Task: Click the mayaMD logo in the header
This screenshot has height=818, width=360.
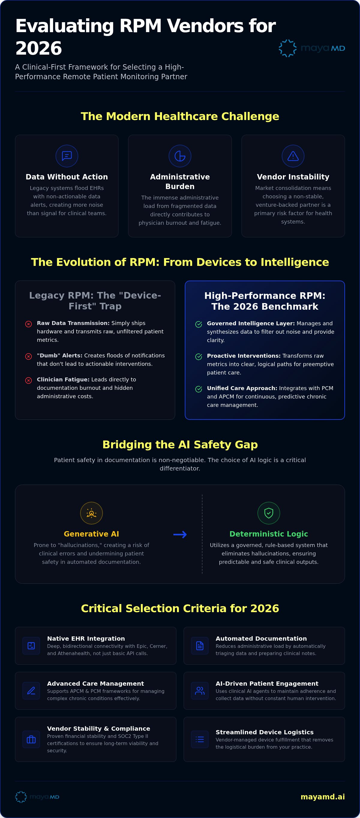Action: coord(312,48)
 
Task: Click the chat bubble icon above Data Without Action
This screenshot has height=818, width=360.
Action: coord(67,156)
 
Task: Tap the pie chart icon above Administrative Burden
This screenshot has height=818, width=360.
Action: coord(180,156)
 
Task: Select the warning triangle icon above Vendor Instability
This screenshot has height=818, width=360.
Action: coord(293,156)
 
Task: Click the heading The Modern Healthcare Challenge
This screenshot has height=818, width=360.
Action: coord(180,116)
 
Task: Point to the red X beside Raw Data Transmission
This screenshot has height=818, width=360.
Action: coord(28,324)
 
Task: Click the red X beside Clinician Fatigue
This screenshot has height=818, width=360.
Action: coord(28,380)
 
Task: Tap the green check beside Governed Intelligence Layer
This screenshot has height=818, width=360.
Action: coord(199,324)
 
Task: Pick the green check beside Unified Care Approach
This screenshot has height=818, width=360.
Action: coord(199,389)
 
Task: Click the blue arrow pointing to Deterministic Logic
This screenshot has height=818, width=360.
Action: coord(180,535)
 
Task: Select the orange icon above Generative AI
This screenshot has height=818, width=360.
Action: coord(91,513)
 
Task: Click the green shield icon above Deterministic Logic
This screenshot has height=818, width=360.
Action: coord(268,513)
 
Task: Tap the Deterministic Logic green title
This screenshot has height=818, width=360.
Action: coord(268,534)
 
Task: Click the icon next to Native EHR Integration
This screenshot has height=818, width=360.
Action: coord(31,645)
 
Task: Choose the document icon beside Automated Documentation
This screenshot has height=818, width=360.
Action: coord(200,645)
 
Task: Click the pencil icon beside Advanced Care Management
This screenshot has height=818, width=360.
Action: coord(31,691)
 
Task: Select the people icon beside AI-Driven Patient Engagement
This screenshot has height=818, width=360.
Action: coord(200,691)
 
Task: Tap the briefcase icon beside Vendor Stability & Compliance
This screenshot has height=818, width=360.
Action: coord(31,739)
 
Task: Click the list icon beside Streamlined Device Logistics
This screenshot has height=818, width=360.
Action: coord(200,739)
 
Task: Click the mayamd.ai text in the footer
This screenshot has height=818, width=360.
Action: coord(322,797)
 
